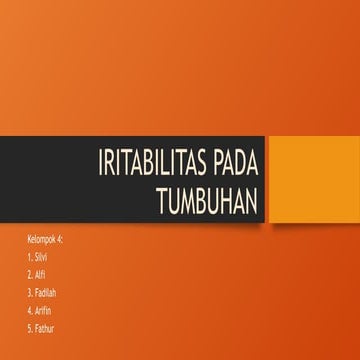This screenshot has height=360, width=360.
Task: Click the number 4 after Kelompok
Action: point(61,242)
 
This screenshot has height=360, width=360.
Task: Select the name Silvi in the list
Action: point(42,257)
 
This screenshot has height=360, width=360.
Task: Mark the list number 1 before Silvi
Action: point(30,257)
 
